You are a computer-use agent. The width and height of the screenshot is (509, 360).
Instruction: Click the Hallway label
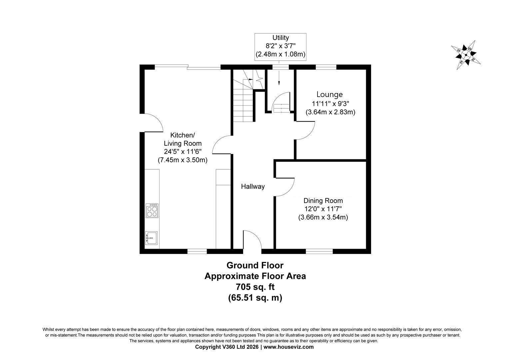point(253,186)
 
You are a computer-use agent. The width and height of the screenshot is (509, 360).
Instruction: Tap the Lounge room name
point(329,94)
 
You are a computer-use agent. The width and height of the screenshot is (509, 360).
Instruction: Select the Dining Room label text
point(323,201)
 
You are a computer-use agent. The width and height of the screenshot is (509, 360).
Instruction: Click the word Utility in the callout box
point(280,38)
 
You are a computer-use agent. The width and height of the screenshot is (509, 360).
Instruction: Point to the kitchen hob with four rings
point(152,211)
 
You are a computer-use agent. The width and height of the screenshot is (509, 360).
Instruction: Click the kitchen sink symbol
point(151,238)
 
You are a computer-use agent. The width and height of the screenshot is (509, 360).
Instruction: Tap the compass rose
point(466,55)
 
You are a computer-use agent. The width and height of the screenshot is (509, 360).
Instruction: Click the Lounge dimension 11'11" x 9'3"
point(330,104)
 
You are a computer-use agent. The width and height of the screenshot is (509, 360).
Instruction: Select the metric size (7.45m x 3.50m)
point(183,160)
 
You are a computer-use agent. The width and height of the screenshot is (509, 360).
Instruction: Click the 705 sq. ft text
point(255,287)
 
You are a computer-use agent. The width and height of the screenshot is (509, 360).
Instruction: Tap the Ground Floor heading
point(255,265)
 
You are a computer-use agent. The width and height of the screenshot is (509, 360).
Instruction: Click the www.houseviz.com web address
point(288,347)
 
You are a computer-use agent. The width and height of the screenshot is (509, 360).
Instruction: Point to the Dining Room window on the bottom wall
point(319,251)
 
